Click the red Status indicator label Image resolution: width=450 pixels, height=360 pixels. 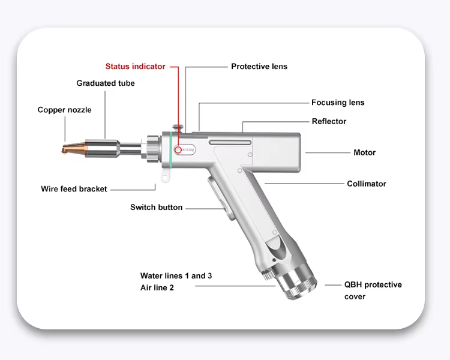coord(135,67)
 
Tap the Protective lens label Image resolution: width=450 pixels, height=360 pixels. coord(259,67)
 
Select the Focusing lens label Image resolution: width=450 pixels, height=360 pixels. coord(338,103)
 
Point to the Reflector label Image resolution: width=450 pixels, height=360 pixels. coord(329,121)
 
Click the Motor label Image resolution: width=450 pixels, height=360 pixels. coord(364,152)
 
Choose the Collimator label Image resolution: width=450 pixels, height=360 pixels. coord(367,184)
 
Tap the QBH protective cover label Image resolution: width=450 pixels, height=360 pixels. coord(373,290)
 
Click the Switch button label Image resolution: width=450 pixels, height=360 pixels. coord(156,208)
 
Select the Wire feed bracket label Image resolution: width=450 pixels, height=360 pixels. coord(74,189)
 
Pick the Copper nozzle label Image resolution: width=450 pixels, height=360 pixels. coord(64,110)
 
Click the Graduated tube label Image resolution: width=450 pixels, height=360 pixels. coord(106,83)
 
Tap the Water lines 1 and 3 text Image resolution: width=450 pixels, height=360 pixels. coord(176,276)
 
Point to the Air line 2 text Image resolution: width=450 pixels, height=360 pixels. coord(157,288)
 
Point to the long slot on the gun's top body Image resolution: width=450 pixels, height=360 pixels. coord(230,142)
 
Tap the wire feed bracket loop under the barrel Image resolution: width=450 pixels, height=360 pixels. coord(163,175)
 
